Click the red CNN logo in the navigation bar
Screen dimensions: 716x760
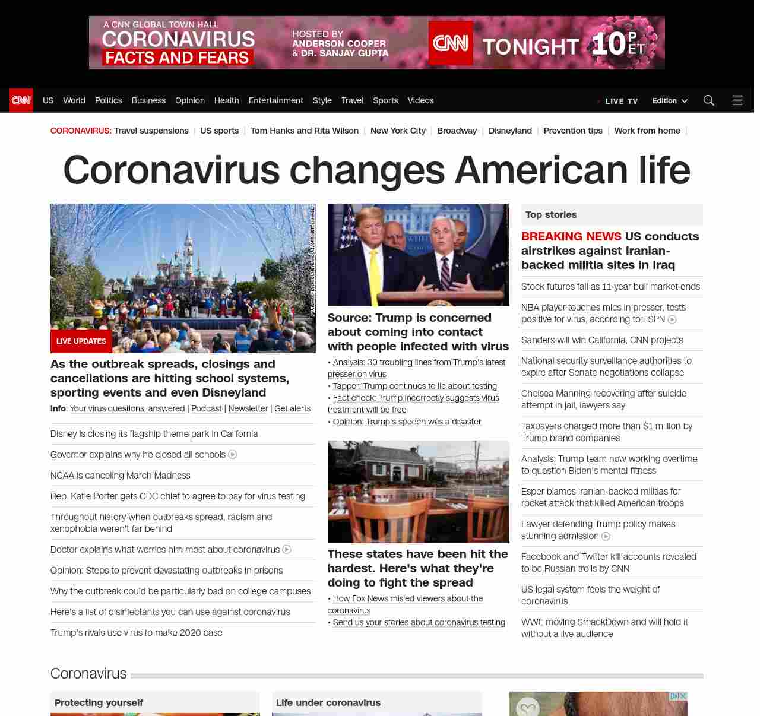coord(21,100)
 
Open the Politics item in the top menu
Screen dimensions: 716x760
coord(108,100)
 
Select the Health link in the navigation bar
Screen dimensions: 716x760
coord(226,100)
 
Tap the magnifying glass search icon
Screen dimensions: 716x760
coord(708,100)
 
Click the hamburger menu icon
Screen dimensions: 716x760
coord(737,100)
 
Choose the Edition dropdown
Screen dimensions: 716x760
coord(670,101)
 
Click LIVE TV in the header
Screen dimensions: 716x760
coord(621,101)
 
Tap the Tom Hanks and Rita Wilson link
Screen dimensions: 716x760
coord(304,131)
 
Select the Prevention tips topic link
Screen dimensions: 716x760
coord(573,131)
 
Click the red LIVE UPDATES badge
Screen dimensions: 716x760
coord(81,341)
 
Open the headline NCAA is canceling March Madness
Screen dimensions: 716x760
coord(121,476)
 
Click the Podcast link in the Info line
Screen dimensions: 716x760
coord(206,408)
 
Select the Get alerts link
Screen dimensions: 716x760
coord(292,408)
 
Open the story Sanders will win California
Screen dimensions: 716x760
coord(602,340)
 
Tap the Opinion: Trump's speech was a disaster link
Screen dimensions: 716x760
coord(407,422)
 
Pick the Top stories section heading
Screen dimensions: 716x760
coord(551,215)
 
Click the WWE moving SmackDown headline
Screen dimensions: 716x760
coord(604,628)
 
